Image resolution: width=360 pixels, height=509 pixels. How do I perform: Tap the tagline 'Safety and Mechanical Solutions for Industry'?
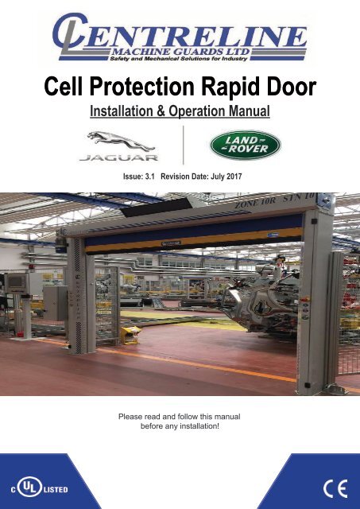pyautogui.click(x=179, y=59)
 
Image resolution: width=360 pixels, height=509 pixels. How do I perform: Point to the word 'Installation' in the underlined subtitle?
pyautogui.click(x=122, y=111)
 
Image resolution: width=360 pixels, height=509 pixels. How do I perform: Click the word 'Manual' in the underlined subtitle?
pyautogui.click(x=249, y=111)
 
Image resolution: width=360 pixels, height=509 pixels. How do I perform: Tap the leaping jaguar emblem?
pyautogui.click(x=120, y=141)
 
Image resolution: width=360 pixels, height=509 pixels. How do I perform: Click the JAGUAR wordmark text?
pyautogui.click(x=119, y=157)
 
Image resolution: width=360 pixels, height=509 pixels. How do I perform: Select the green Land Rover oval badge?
pyautogui.click(x=246, y=145)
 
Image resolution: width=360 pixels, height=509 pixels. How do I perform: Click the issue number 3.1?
pyautogui.click(x=150, y=177)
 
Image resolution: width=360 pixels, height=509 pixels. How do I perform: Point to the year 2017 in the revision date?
pyautogui.click(x=234, y=177)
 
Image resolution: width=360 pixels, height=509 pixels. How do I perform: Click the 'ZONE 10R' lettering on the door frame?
pyautogui.click(x=255, y=203)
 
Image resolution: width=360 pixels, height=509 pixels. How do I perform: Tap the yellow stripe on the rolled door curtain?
pyautogui.click(x=195, y=240)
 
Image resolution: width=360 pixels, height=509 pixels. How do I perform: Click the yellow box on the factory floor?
pyautogui.click(x=131, y=335)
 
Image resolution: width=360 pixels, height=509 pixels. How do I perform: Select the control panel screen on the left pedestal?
pyautogui.click(x=16, y=282)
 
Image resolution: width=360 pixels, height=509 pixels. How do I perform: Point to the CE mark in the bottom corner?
pyautogui.click(x=335, y=488)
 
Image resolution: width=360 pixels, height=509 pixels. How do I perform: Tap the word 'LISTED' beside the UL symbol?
pyautogui.click(x=56, y=489)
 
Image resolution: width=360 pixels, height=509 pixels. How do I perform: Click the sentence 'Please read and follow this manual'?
pyautogui.click(x=180, y=417)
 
